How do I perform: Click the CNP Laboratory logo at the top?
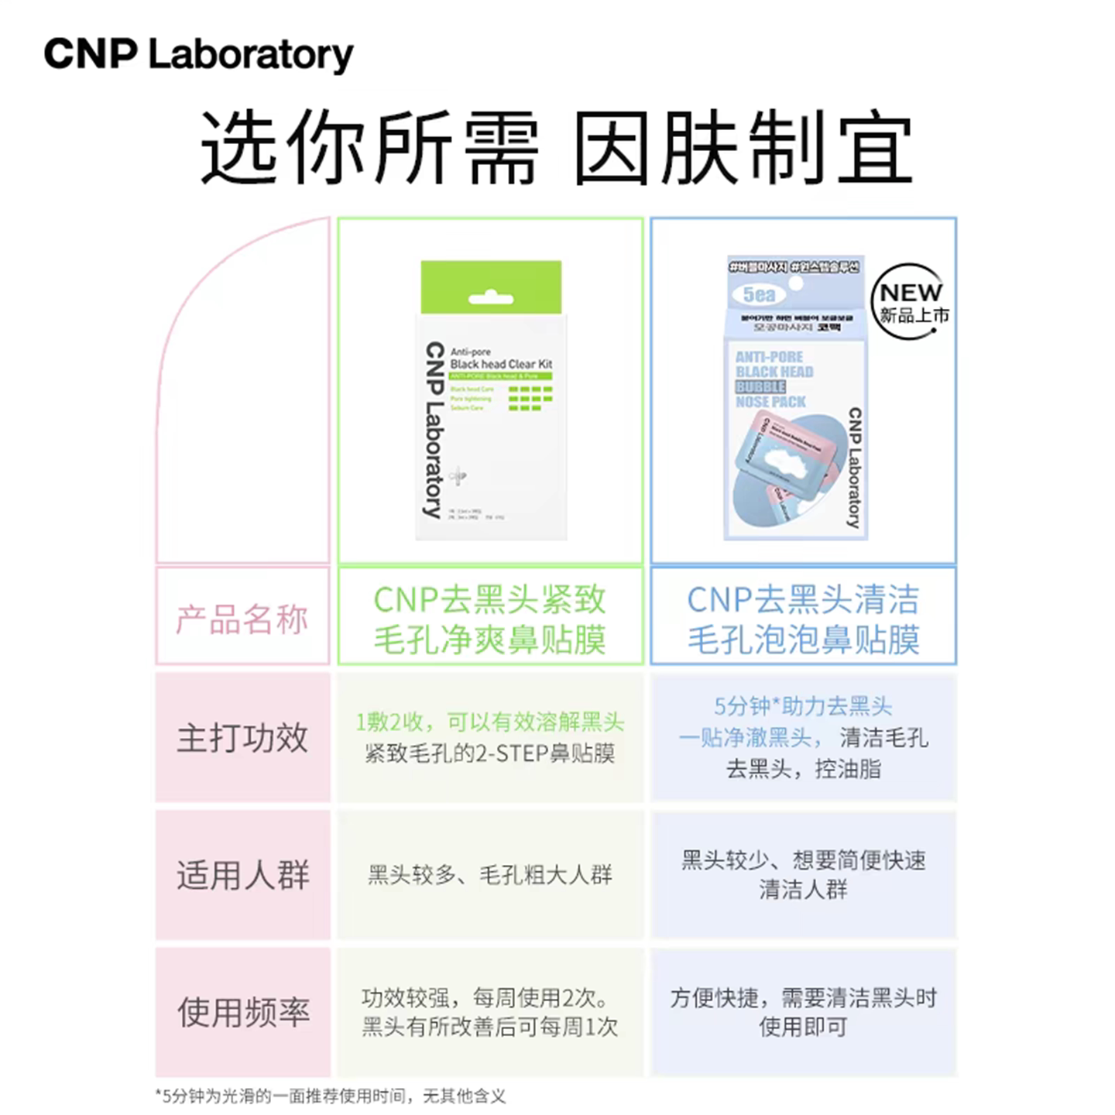(x=198, y=54)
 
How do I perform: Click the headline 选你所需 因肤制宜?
(x=556, y=147)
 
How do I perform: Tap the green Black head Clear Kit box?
(x=491, y=400)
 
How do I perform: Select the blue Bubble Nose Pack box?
(x=796, y=398)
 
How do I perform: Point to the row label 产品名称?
(x=242, y=619)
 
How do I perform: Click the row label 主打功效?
(x=242, y=737)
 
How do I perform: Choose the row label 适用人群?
(x=242, y=875)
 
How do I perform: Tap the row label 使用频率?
(x=242, y=1012)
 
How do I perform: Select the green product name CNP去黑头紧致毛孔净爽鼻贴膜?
(x=490, y=619)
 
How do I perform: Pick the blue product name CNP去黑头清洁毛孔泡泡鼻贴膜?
(x=803, y=619)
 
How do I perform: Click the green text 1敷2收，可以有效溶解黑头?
(x=490, y=722)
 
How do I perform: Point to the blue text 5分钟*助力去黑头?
(x=803, y=705)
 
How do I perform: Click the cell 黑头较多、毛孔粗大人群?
(x=490, y=875)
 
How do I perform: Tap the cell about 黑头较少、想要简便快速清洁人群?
(x=803, y=874)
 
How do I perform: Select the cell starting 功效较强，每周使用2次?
(x=490, y=1012)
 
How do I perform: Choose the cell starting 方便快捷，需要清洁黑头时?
(x=803, y=1012)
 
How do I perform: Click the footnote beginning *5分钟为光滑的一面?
(x=331, y=1096)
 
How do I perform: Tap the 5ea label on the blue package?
(x=759, y=294)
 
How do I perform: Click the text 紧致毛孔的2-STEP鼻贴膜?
(x=490, y=753)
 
